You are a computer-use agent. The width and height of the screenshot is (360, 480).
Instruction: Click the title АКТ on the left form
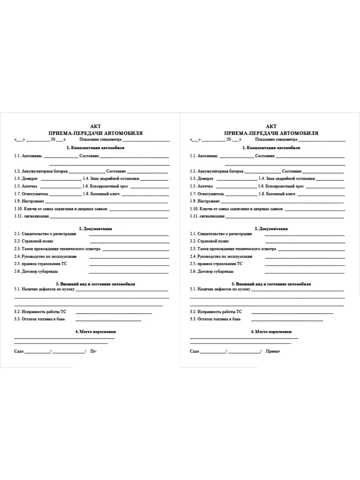96,126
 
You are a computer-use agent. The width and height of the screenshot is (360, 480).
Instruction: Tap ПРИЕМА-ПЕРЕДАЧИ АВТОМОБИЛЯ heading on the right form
272,133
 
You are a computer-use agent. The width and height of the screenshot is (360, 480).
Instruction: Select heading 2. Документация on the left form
96,229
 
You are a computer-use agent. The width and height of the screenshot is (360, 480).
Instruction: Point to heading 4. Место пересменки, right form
271,332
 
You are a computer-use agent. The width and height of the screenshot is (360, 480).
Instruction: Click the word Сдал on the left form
19,352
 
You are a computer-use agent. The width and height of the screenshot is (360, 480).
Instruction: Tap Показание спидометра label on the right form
276,140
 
